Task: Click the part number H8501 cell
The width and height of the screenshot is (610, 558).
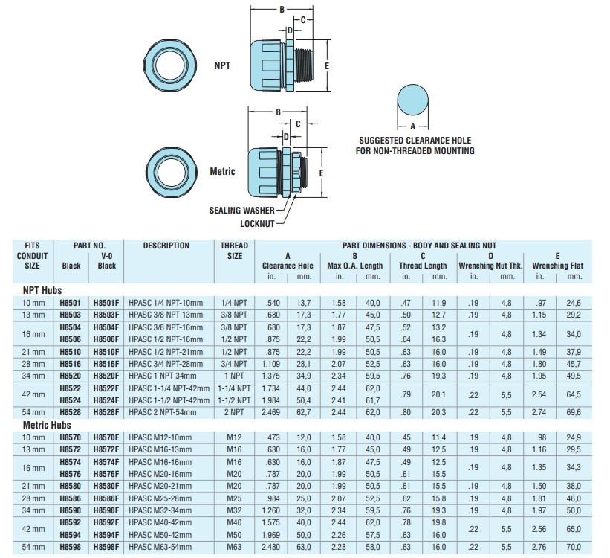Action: [x=71, y=303]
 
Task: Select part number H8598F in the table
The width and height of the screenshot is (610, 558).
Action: [x=106, y=548]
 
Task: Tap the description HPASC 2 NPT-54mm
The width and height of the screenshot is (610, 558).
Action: [x=161, y=411]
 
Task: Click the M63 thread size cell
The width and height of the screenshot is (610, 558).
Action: [x=234, y=548]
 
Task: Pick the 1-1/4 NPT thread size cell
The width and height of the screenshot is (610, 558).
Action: [x=234, y=389]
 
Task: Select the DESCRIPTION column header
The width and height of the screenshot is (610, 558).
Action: [x=166, y=246]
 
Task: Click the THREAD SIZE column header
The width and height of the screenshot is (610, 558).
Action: [x=235, y=251]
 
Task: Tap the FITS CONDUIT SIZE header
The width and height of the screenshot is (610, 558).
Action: [x=33, y=255]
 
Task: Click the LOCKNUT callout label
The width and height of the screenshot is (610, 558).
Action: [x=257, y=223]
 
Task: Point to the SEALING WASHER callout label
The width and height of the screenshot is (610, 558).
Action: [x=241, y=211]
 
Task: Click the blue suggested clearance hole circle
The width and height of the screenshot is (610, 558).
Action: [x=414, y=102]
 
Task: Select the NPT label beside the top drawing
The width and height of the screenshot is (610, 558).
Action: [x=222, y=65]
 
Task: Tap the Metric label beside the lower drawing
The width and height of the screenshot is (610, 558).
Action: [x=222, y=171]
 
